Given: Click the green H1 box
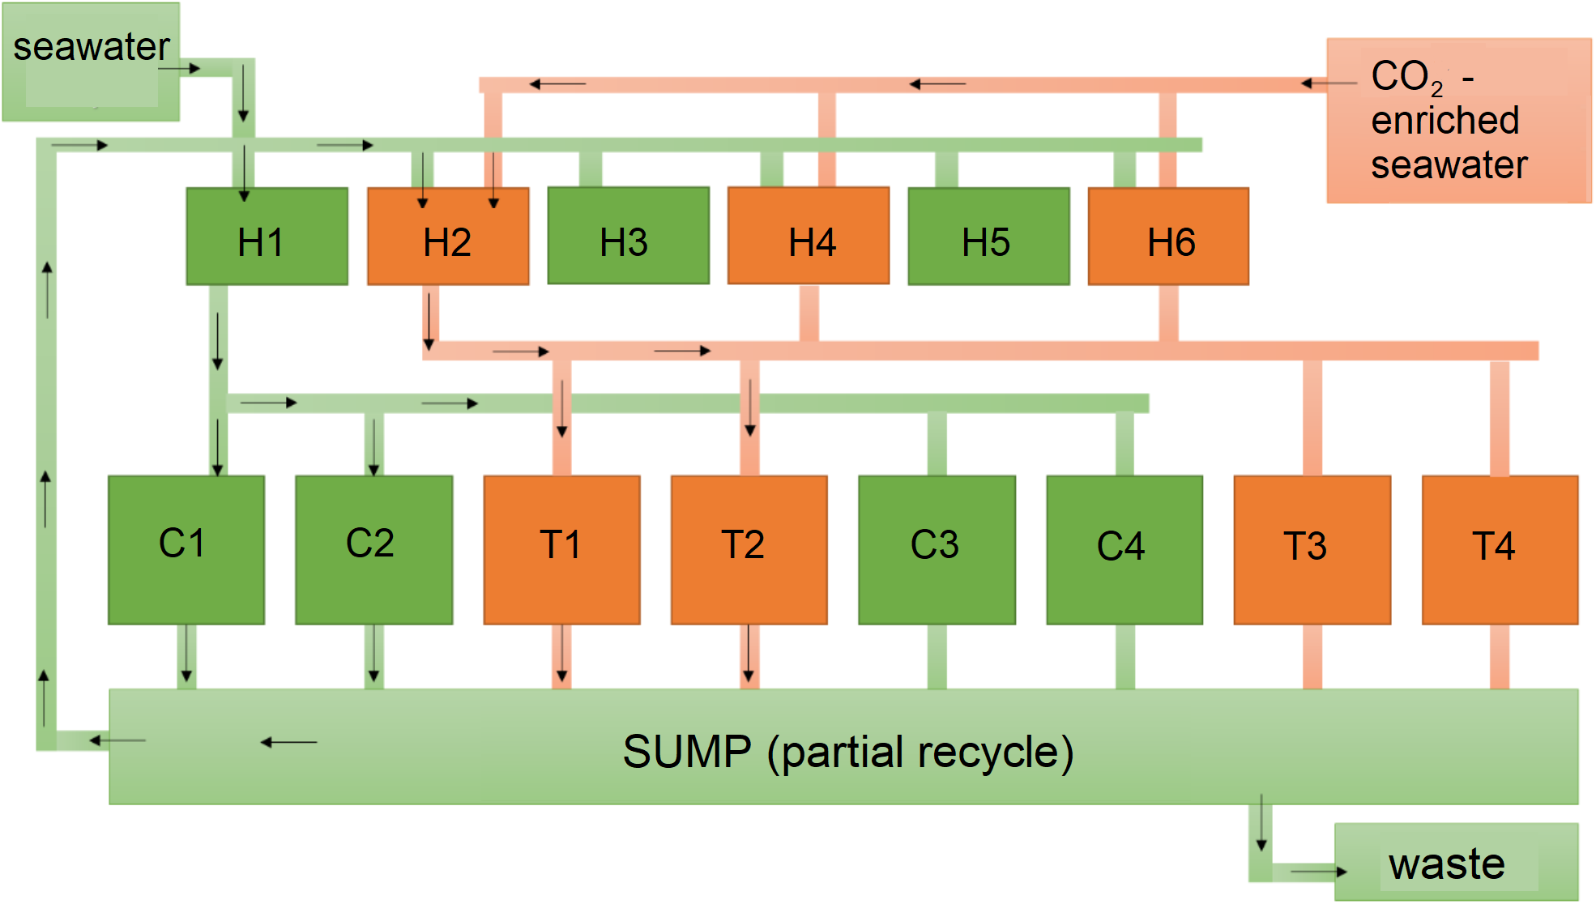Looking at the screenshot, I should [267, 237].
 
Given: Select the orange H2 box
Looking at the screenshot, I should [448, 237].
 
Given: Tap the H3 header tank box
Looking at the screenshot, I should [628, 236].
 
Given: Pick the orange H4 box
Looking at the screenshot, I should [808, 236].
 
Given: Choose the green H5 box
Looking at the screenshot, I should [988, 237].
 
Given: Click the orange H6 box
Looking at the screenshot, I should [1168, 237].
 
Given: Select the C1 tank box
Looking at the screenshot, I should [186, 549].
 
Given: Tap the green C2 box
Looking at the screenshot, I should [373, 549].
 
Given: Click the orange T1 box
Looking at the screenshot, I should [561, 549].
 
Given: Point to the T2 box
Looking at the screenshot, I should [749, 549].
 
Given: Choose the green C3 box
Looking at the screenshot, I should [937, 549].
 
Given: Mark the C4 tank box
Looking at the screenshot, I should [1124, 549].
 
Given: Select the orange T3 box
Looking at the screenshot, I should [1312, 549].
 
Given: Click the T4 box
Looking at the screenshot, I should [1500, 549].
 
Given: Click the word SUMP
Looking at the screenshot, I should [687, 752].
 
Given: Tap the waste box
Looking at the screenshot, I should [1456, 863].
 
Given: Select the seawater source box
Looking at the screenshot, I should [91, 62].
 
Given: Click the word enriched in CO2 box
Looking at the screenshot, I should [1445, 121].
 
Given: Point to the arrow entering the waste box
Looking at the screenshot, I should [1318, 872].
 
